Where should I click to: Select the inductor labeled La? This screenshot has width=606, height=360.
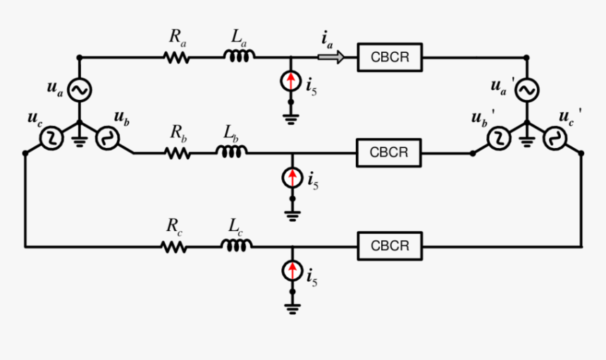click(x=240, y=57)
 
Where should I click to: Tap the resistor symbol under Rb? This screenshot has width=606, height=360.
click(x=177, y=152)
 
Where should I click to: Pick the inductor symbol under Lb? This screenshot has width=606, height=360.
click(x=233, y=151)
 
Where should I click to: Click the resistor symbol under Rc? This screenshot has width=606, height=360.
click(x=173, y=247)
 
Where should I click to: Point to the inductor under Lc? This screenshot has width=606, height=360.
click(x=237, y=246)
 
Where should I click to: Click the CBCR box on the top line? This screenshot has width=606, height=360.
click(x=390, y=57)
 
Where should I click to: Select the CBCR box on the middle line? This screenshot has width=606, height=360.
click(x=390, y=152)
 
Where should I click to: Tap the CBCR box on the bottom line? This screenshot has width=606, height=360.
click(x=390, y=247)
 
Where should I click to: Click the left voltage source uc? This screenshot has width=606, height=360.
click(x=51, y=139)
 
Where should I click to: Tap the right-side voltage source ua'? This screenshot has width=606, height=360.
click(x=526, y=90)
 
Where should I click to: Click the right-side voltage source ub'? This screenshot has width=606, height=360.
click(x=499, y=139)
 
